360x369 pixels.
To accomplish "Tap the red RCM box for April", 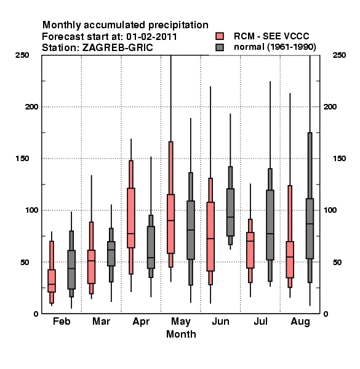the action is point(131,218).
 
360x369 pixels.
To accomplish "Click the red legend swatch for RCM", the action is point(220,36).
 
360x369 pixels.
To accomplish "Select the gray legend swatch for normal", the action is point(220,47).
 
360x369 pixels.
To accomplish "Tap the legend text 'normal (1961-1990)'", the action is point(274,47).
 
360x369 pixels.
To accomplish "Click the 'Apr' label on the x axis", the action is point(141,322).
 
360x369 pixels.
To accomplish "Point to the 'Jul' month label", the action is point(260,321).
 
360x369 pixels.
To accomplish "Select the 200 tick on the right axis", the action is point(330,106).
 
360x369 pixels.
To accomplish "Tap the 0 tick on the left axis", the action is point(36,314).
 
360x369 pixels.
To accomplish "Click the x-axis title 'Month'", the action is point(181,334).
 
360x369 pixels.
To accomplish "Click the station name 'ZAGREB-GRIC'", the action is point(118,48).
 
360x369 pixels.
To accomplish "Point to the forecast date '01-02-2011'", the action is point(151,37).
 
